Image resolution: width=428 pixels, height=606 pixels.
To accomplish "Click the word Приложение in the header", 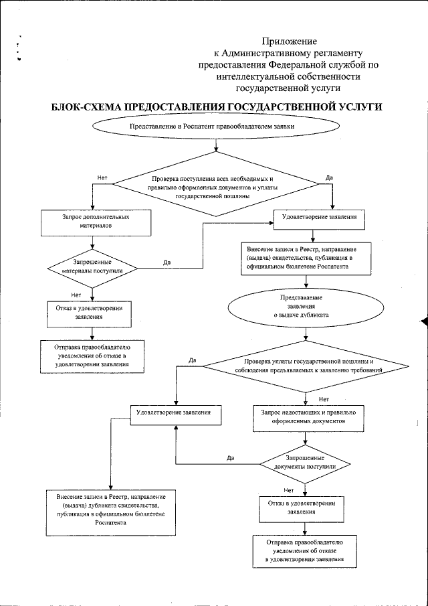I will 289,42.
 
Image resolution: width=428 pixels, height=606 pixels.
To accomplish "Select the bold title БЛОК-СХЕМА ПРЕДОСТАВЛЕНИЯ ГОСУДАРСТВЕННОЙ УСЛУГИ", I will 217,107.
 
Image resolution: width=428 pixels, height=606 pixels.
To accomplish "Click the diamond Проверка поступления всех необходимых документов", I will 213,188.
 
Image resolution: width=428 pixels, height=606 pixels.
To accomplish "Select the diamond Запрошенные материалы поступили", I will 92,267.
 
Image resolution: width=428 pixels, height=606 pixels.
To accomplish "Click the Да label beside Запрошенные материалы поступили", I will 167,262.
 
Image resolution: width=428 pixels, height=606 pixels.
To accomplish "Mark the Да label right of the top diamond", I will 329,178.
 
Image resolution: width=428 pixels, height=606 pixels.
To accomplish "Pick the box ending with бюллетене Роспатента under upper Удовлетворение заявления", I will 304,257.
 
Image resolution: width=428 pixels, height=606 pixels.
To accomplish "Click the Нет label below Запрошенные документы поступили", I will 288,489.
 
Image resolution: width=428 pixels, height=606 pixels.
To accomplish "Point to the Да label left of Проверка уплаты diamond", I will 193,361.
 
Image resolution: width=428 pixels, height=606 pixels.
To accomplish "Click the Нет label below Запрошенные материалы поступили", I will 76,293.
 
